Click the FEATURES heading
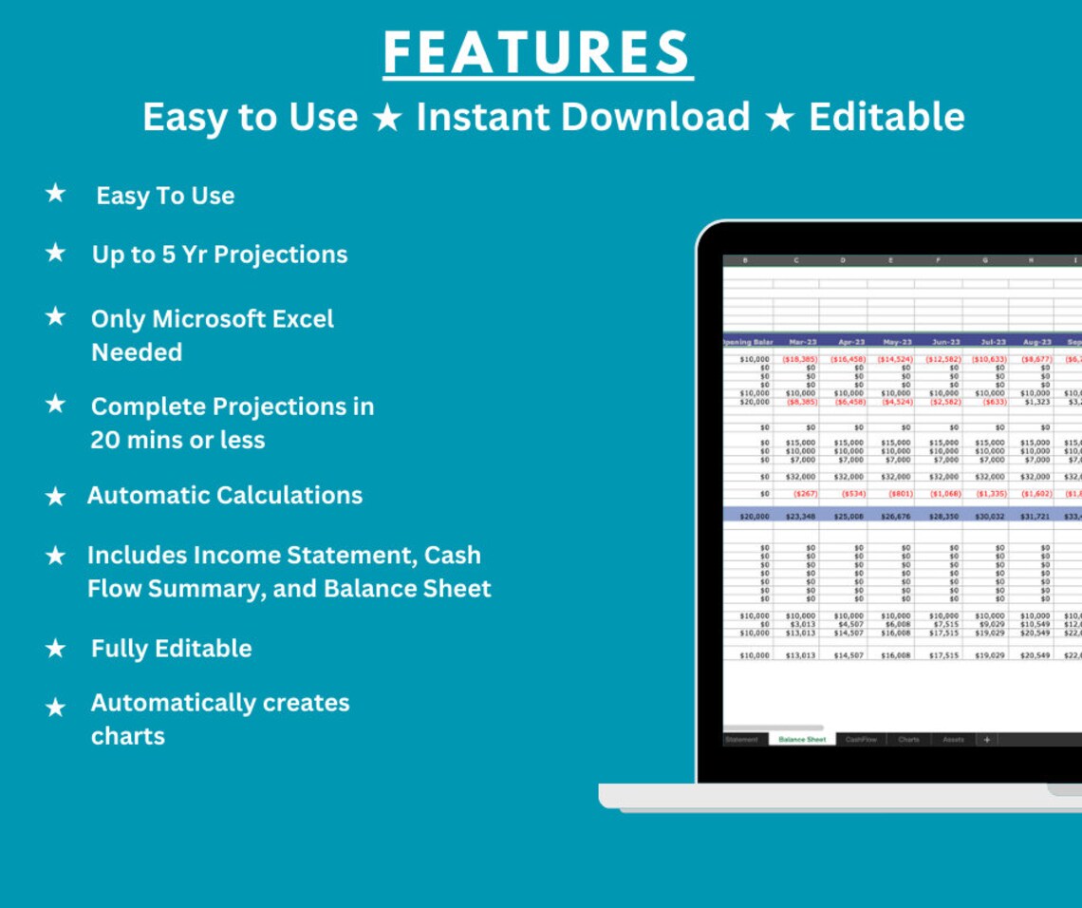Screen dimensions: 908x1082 [x=538, y=53]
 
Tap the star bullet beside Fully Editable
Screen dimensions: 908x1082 [x=56, y=649]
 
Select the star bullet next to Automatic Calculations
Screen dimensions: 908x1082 [x=56, y=496]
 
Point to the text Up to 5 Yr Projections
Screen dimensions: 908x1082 [x=219, y=255]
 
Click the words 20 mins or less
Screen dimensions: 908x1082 [x=177, y=440]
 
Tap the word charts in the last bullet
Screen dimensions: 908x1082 [x=127, y=736]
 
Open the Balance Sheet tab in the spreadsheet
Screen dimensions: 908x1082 [x=802, y=739]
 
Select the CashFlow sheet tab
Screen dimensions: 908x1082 [x=861, y=739]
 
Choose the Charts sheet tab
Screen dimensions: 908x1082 [x=908, y=739]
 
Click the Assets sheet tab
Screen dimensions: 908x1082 [x=953, y=739]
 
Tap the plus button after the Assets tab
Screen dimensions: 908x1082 [x=986, y=739]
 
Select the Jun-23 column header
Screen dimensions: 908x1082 [x=945, y=342]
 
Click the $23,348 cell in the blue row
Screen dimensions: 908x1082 [x=800, y=517]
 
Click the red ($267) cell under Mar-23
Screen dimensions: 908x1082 [x=804, y=494]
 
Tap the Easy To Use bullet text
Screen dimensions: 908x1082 [x=165, y=196]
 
